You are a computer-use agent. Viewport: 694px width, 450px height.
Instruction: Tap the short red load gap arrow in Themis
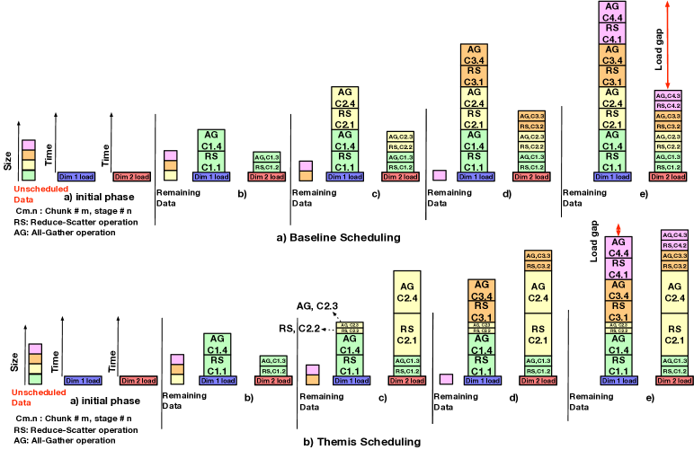(616, 231)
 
